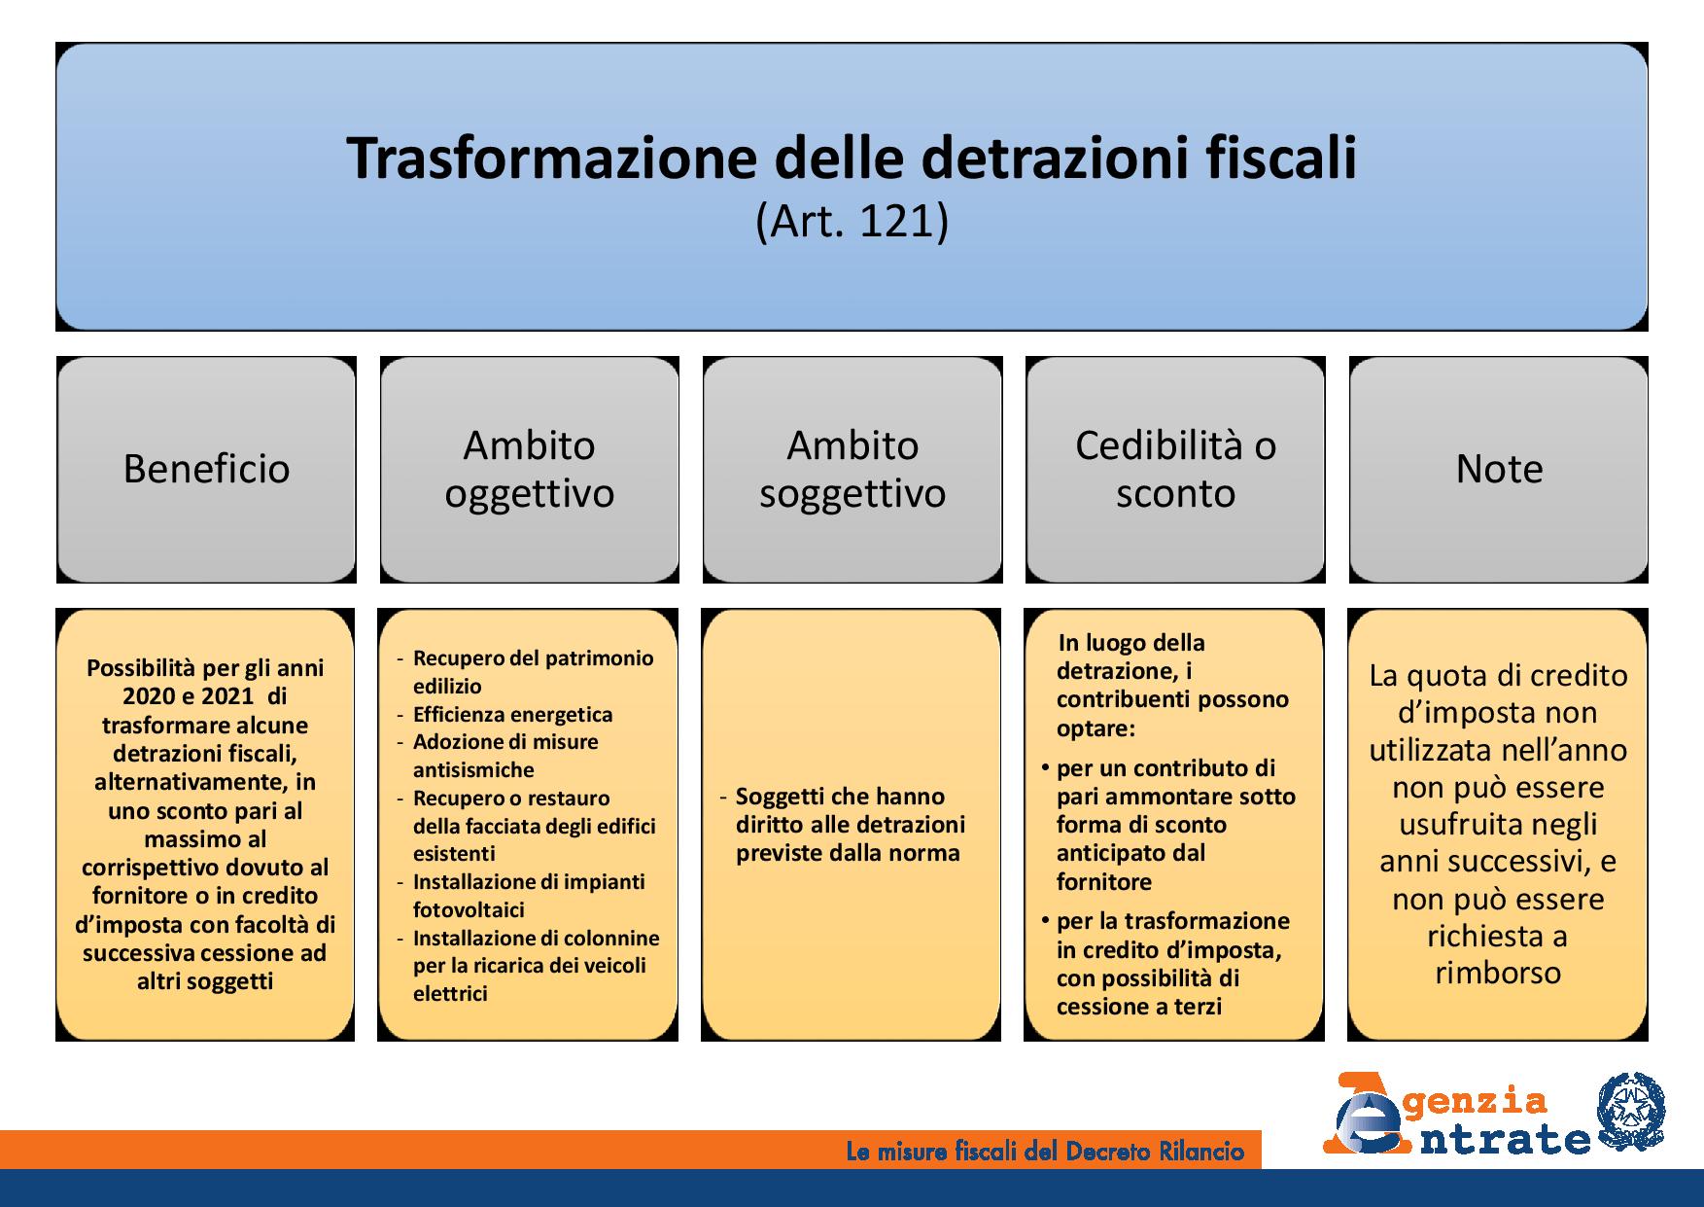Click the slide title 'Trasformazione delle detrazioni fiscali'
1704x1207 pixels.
click(852, 159)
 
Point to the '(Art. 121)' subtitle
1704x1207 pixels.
click(852, 223)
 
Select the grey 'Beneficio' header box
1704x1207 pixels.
click(206, 470)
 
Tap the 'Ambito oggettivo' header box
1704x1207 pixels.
click(530, 470)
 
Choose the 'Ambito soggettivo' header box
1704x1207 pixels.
click(852, 470)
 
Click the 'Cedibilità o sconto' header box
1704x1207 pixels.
click(1175, 470)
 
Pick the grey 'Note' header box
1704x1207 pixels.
click(1499, 470)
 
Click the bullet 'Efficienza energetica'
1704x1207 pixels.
click(512, 715)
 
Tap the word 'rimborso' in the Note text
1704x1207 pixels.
click(1498, 973)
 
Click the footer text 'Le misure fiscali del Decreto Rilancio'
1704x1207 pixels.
click(1045, 1152)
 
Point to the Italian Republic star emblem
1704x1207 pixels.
click(1631, 1110)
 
